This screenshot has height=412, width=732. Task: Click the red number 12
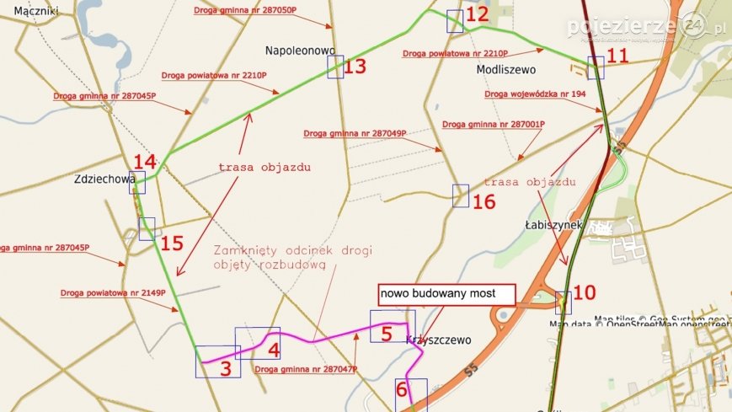click(x=477, y=14)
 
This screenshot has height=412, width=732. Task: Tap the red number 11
click(x=617, y=56)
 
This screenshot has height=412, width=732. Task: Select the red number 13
click(x=355, y=67)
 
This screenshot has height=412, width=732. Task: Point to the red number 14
click(x=144, y=161)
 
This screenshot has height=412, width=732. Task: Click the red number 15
click(x=172, y=243)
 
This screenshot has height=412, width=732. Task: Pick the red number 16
click(x=484, y=202)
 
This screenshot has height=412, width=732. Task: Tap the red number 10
click(x=584, y=292)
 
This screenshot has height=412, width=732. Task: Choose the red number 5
click(x=387, y=334)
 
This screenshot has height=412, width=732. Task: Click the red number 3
click(x=225, y=368)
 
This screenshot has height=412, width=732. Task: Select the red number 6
click(x=401, y=389)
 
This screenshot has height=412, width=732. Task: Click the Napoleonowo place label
click(x=300, y=51)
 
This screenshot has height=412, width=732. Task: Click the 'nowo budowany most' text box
click(x=446, y=294)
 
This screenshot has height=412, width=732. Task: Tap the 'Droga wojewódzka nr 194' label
click(x=535, y=94)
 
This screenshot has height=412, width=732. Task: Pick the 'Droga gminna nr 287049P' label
click(x=355, y=133)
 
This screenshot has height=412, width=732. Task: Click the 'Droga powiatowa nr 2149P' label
click(x=113, y=293)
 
